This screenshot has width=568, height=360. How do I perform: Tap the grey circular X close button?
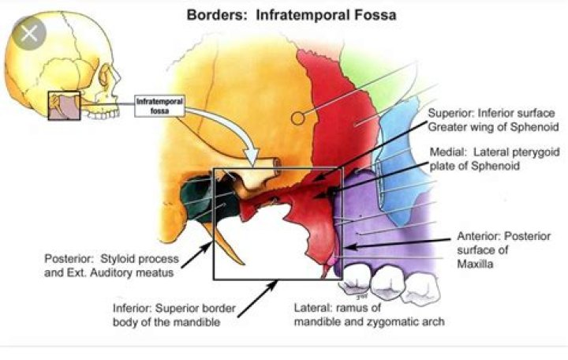tap(29, 36)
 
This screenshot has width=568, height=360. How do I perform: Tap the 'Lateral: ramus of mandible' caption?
tap(368, 314)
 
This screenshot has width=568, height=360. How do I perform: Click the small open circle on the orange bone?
tap(297, 118)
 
